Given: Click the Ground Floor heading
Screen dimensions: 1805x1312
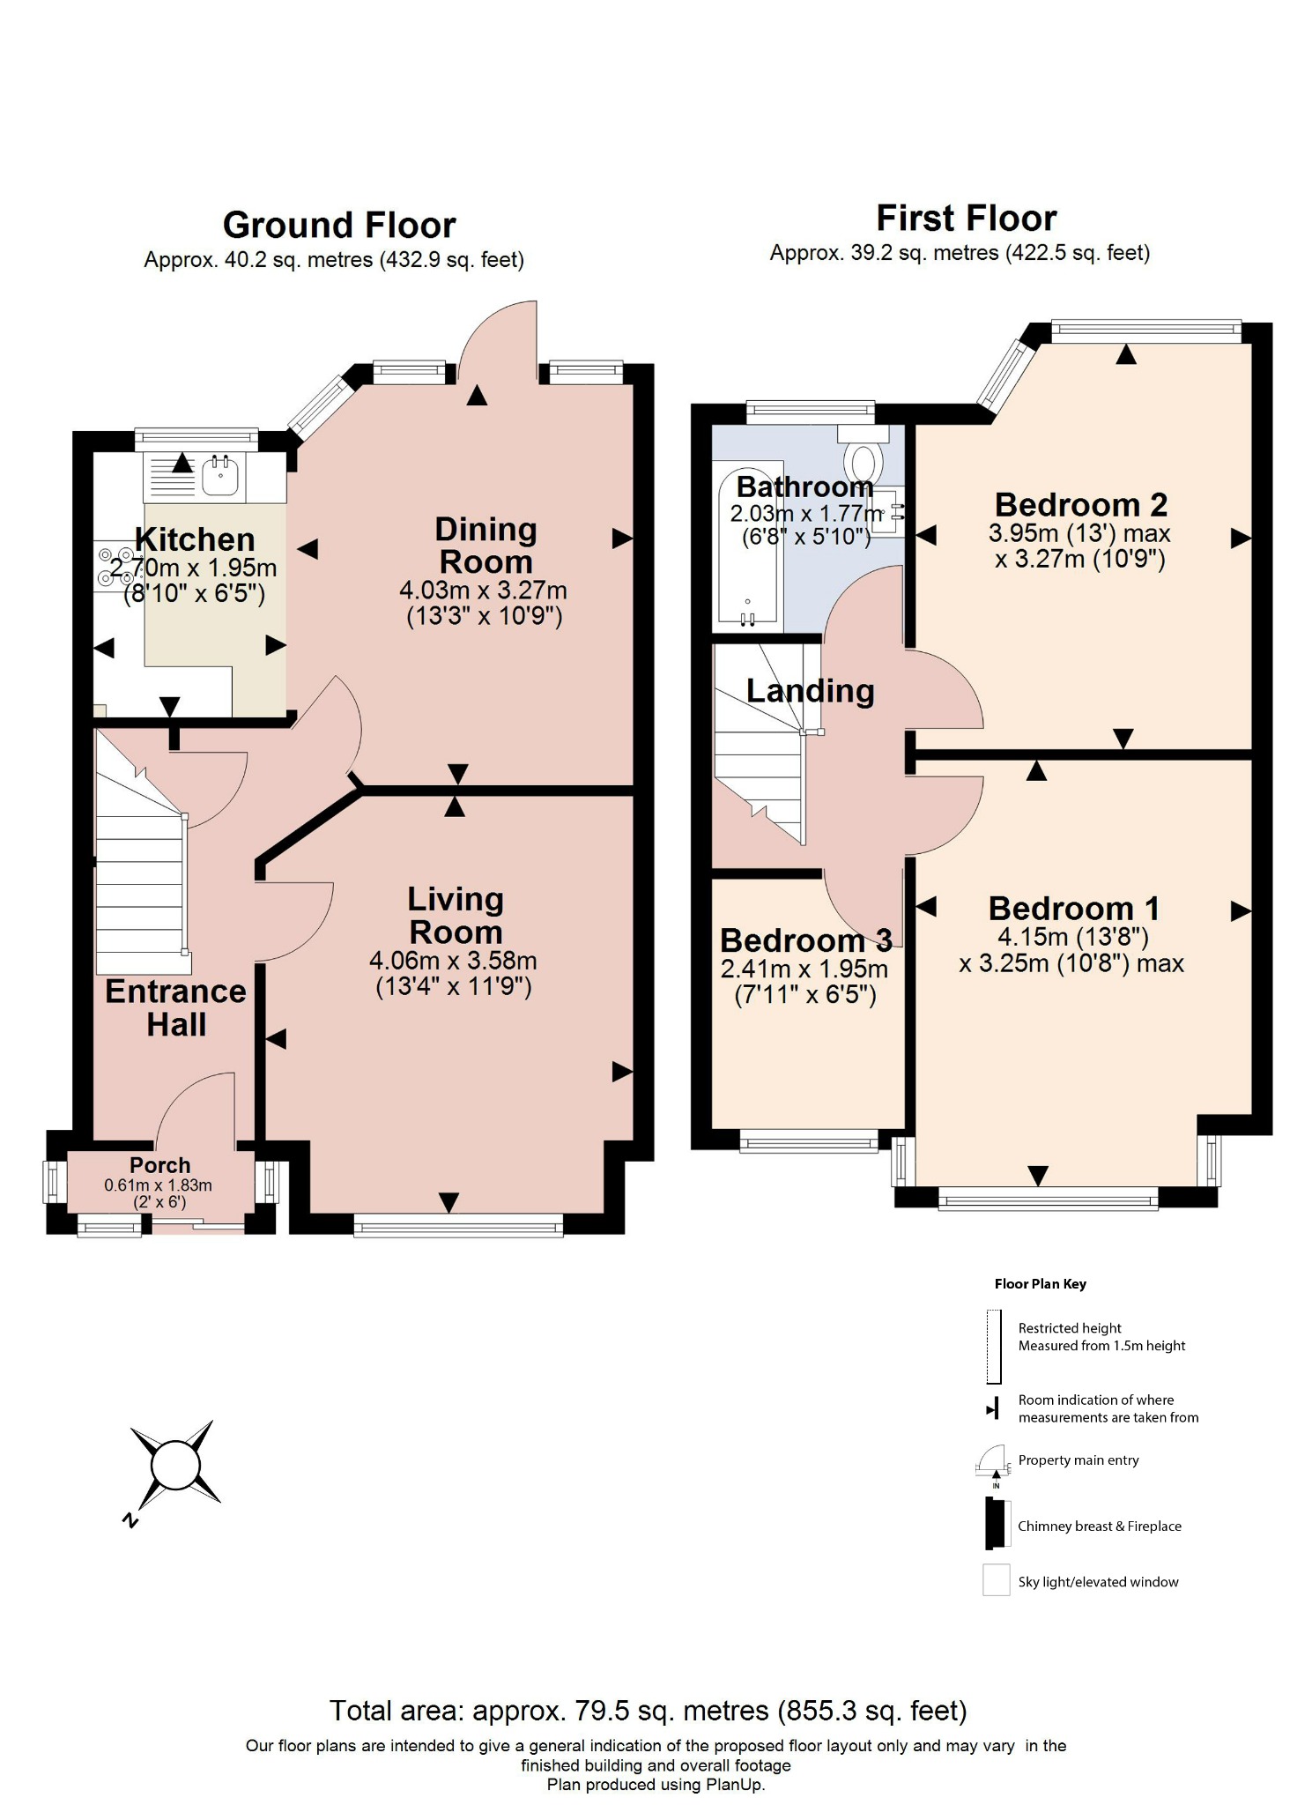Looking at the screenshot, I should (x=339, y=226).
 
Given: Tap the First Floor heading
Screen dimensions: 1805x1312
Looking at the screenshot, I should (x=966, y=219).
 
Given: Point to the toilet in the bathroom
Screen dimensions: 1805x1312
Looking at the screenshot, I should (x=863, y=457).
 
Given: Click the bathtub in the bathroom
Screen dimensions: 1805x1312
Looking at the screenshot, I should (x=747, y=546).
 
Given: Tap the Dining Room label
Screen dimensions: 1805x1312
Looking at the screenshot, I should (x=486, y=546).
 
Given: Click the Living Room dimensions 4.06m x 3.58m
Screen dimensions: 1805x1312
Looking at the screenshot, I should (x=453, y=961).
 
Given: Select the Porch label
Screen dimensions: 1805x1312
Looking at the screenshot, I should (x=159, y=1165).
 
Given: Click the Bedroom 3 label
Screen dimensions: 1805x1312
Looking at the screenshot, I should (x=805, y=940).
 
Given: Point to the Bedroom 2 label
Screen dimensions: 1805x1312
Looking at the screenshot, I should (x=1080, y=505).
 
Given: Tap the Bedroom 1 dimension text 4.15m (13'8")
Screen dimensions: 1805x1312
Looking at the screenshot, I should (x=1072, y=937).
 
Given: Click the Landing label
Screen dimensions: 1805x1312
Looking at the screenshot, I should (x=810, y=691).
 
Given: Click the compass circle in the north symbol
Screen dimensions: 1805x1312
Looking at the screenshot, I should (x=175, y=1465).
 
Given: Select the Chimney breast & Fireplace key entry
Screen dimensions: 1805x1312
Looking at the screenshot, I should (x=1099, y=1526).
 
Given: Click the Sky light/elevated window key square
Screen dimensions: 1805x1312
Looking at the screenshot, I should (x=996, y=1579).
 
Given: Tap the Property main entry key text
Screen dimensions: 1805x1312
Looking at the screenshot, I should (x=1078, y=1460).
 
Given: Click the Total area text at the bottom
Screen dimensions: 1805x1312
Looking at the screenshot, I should (x=648, y=1711).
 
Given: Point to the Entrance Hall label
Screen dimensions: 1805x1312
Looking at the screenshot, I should (x=175, y=1008).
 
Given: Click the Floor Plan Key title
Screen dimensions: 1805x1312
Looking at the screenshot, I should (x=1040, y=1284).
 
